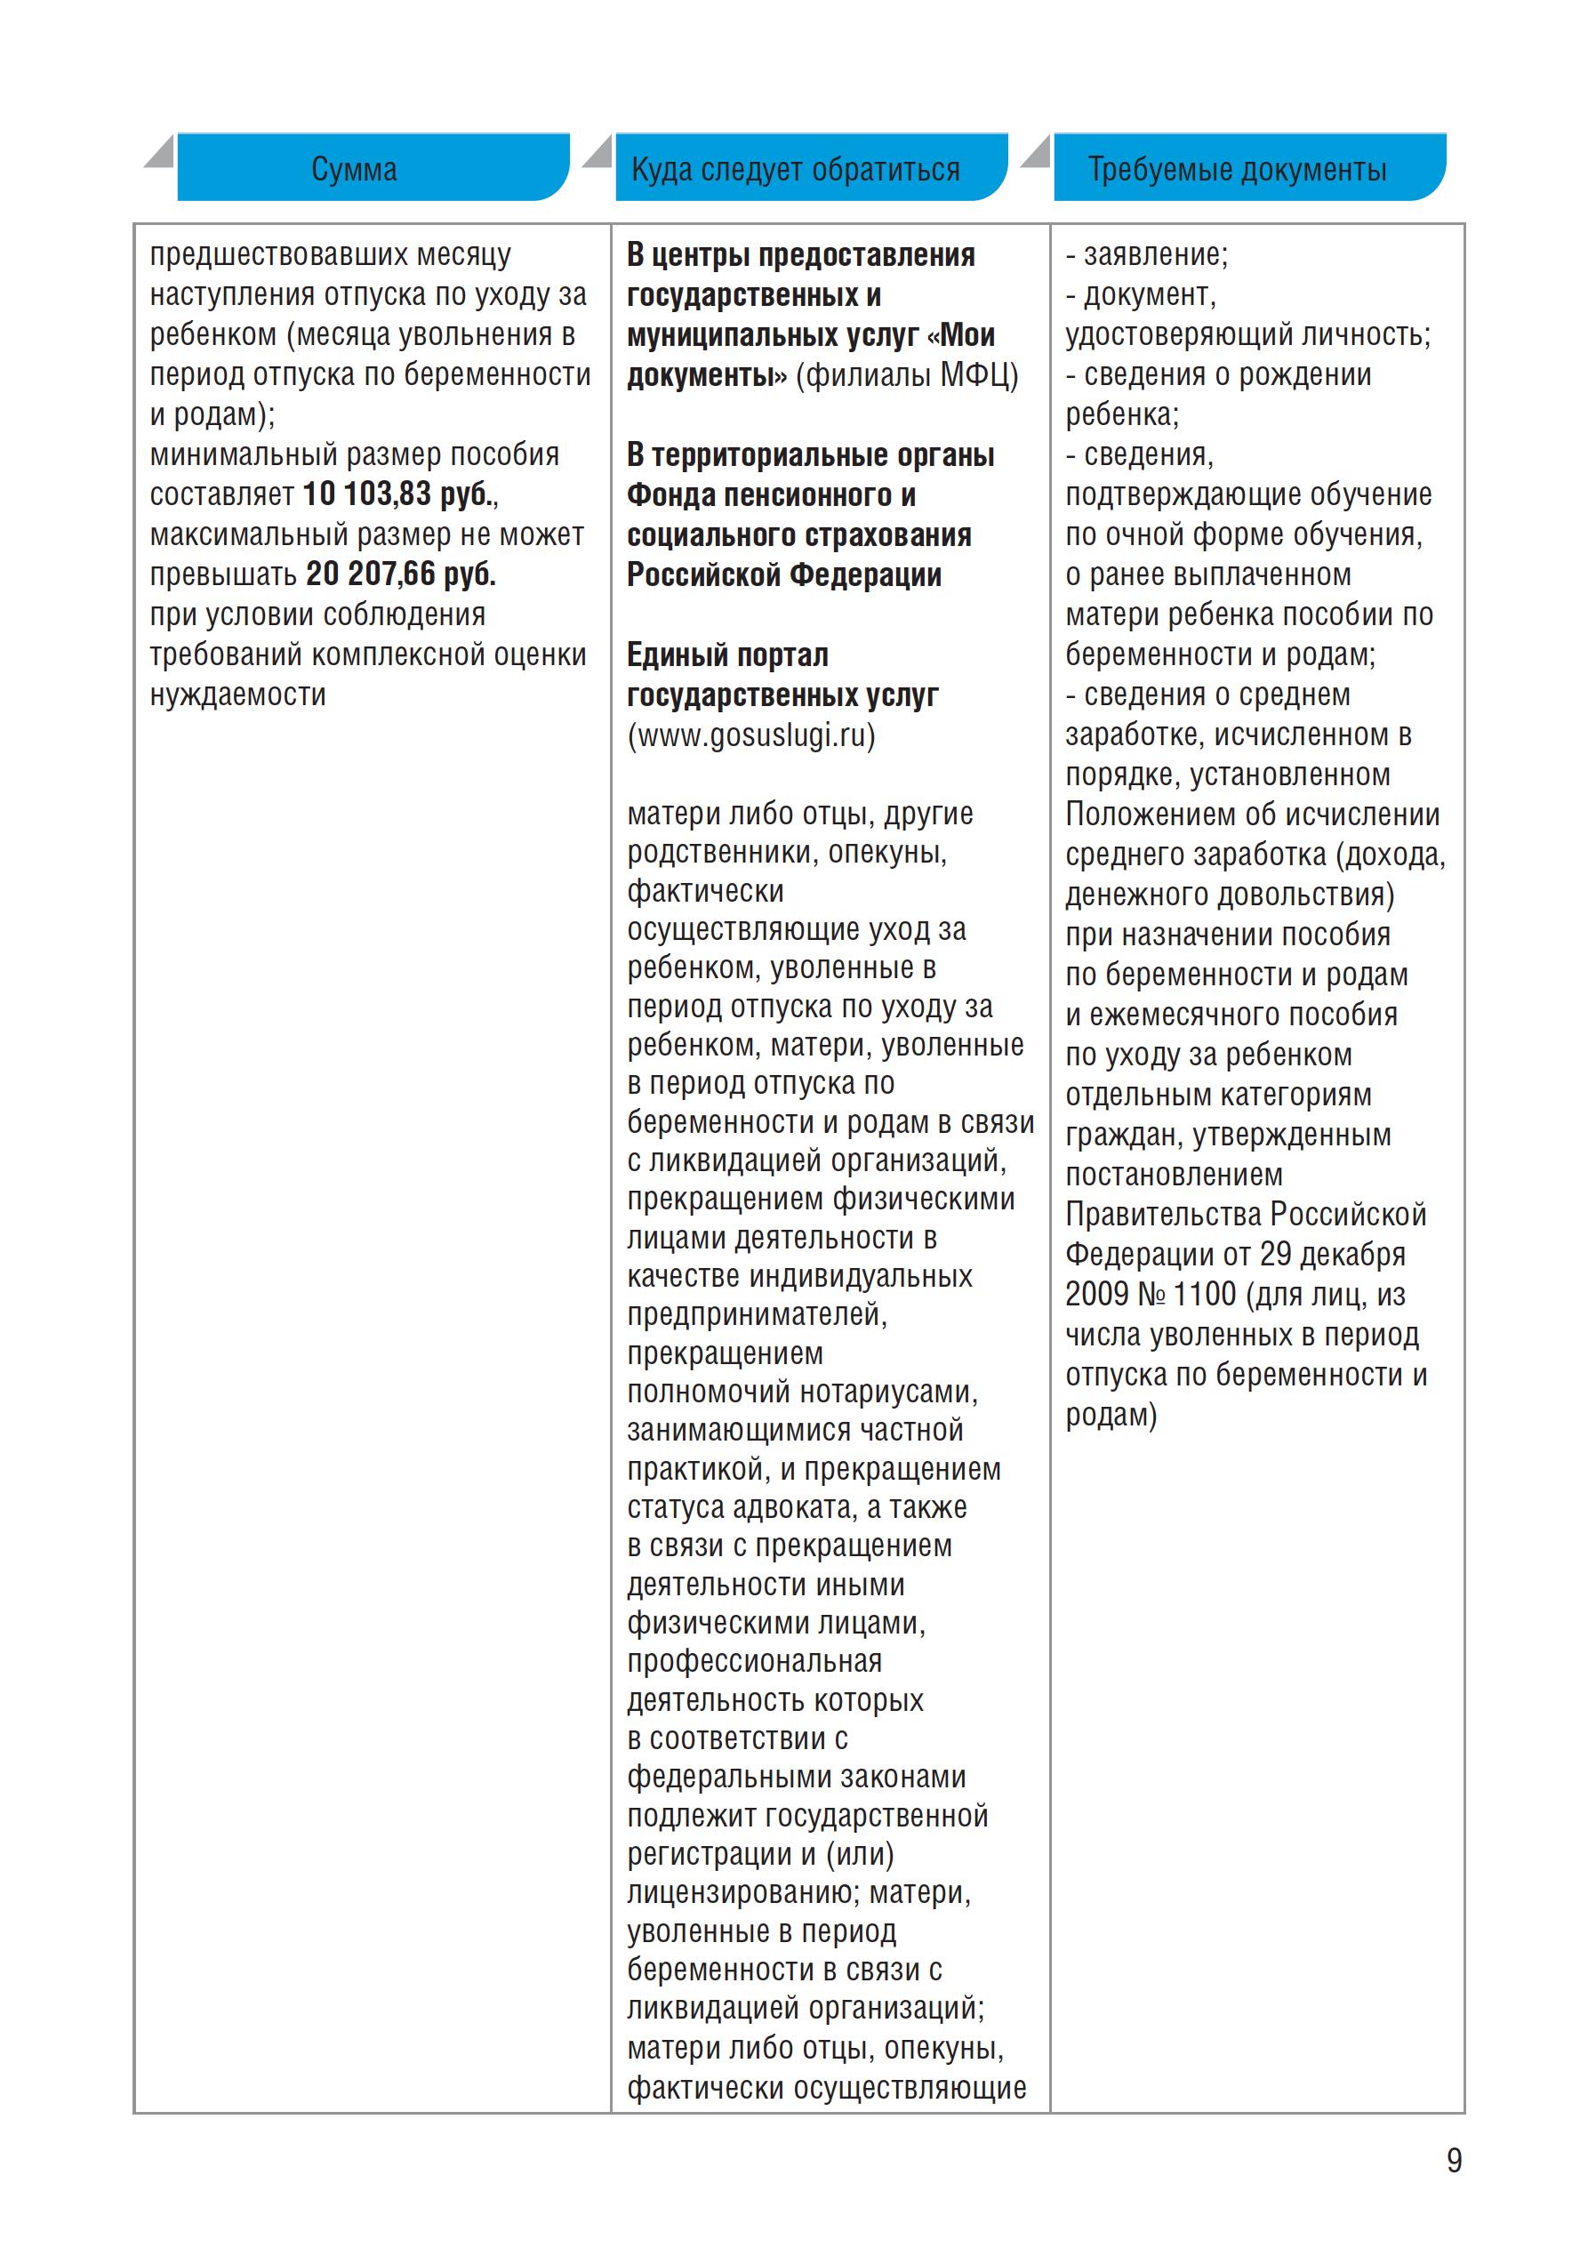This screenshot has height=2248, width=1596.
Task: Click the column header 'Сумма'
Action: coord(354,169)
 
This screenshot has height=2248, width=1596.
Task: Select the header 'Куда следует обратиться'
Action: coord(795,169)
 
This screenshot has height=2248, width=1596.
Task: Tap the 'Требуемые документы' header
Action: coord(1236,169)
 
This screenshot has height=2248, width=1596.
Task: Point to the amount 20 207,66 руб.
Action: coord(401,574)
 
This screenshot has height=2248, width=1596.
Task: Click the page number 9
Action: coord(1454,2161)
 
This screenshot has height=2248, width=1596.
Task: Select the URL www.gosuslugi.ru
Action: coord(750,735)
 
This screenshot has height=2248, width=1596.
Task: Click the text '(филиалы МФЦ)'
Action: coord(906,374)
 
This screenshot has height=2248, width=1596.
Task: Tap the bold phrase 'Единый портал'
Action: coord(727,654)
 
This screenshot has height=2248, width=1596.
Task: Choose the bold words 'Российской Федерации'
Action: coord(784,574)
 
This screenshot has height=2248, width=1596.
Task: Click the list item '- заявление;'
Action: coord(1147,254)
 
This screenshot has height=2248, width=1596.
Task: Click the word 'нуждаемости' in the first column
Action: coord(237,695)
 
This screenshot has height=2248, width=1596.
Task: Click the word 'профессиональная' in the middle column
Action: coord(755,1661)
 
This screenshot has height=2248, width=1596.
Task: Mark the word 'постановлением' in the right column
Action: coord(1175,1175)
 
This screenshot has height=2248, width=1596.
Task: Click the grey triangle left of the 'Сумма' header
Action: coord(161,151)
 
